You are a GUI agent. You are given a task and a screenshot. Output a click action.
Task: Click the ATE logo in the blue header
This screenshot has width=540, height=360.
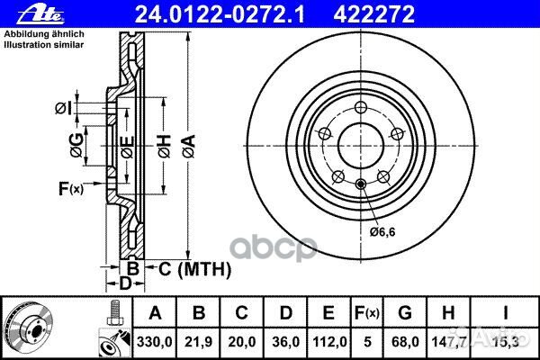pyautogui.click(x=40, y=14)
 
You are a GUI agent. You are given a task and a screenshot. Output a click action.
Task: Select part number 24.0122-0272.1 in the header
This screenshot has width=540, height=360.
pyautogui.click(x=220, y=14)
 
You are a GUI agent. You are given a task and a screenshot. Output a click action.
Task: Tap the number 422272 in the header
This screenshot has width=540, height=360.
pyautogui.click(x=373, y=14)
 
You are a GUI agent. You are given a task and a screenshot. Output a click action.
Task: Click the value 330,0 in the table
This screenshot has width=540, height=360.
pyautogui.click(x=154, y=342)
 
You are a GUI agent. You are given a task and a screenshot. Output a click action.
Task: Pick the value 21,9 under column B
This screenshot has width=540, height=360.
pyautogui.click(x=198, y=342)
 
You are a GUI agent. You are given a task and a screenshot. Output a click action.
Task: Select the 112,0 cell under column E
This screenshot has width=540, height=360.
pyautogui.click(x=329, y=342)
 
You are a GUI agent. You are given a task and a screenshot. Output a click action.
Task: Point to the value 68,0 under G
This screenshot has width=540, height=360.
pyautogui.click(x=405, y=342)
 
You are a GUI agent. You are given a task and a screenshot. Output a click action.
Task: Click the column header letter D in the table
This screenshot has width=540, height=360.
pyautogui.click(x=286, y=313)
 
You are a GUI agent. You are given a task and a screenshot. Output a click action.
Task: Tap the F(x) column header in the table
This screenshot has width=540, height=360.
pyautogui.click(x=367, y=313)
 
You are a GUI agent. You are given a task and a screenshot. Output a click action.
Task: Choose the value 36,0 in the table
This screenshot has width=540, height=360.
pyautogui.click(x=285, y=342)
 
